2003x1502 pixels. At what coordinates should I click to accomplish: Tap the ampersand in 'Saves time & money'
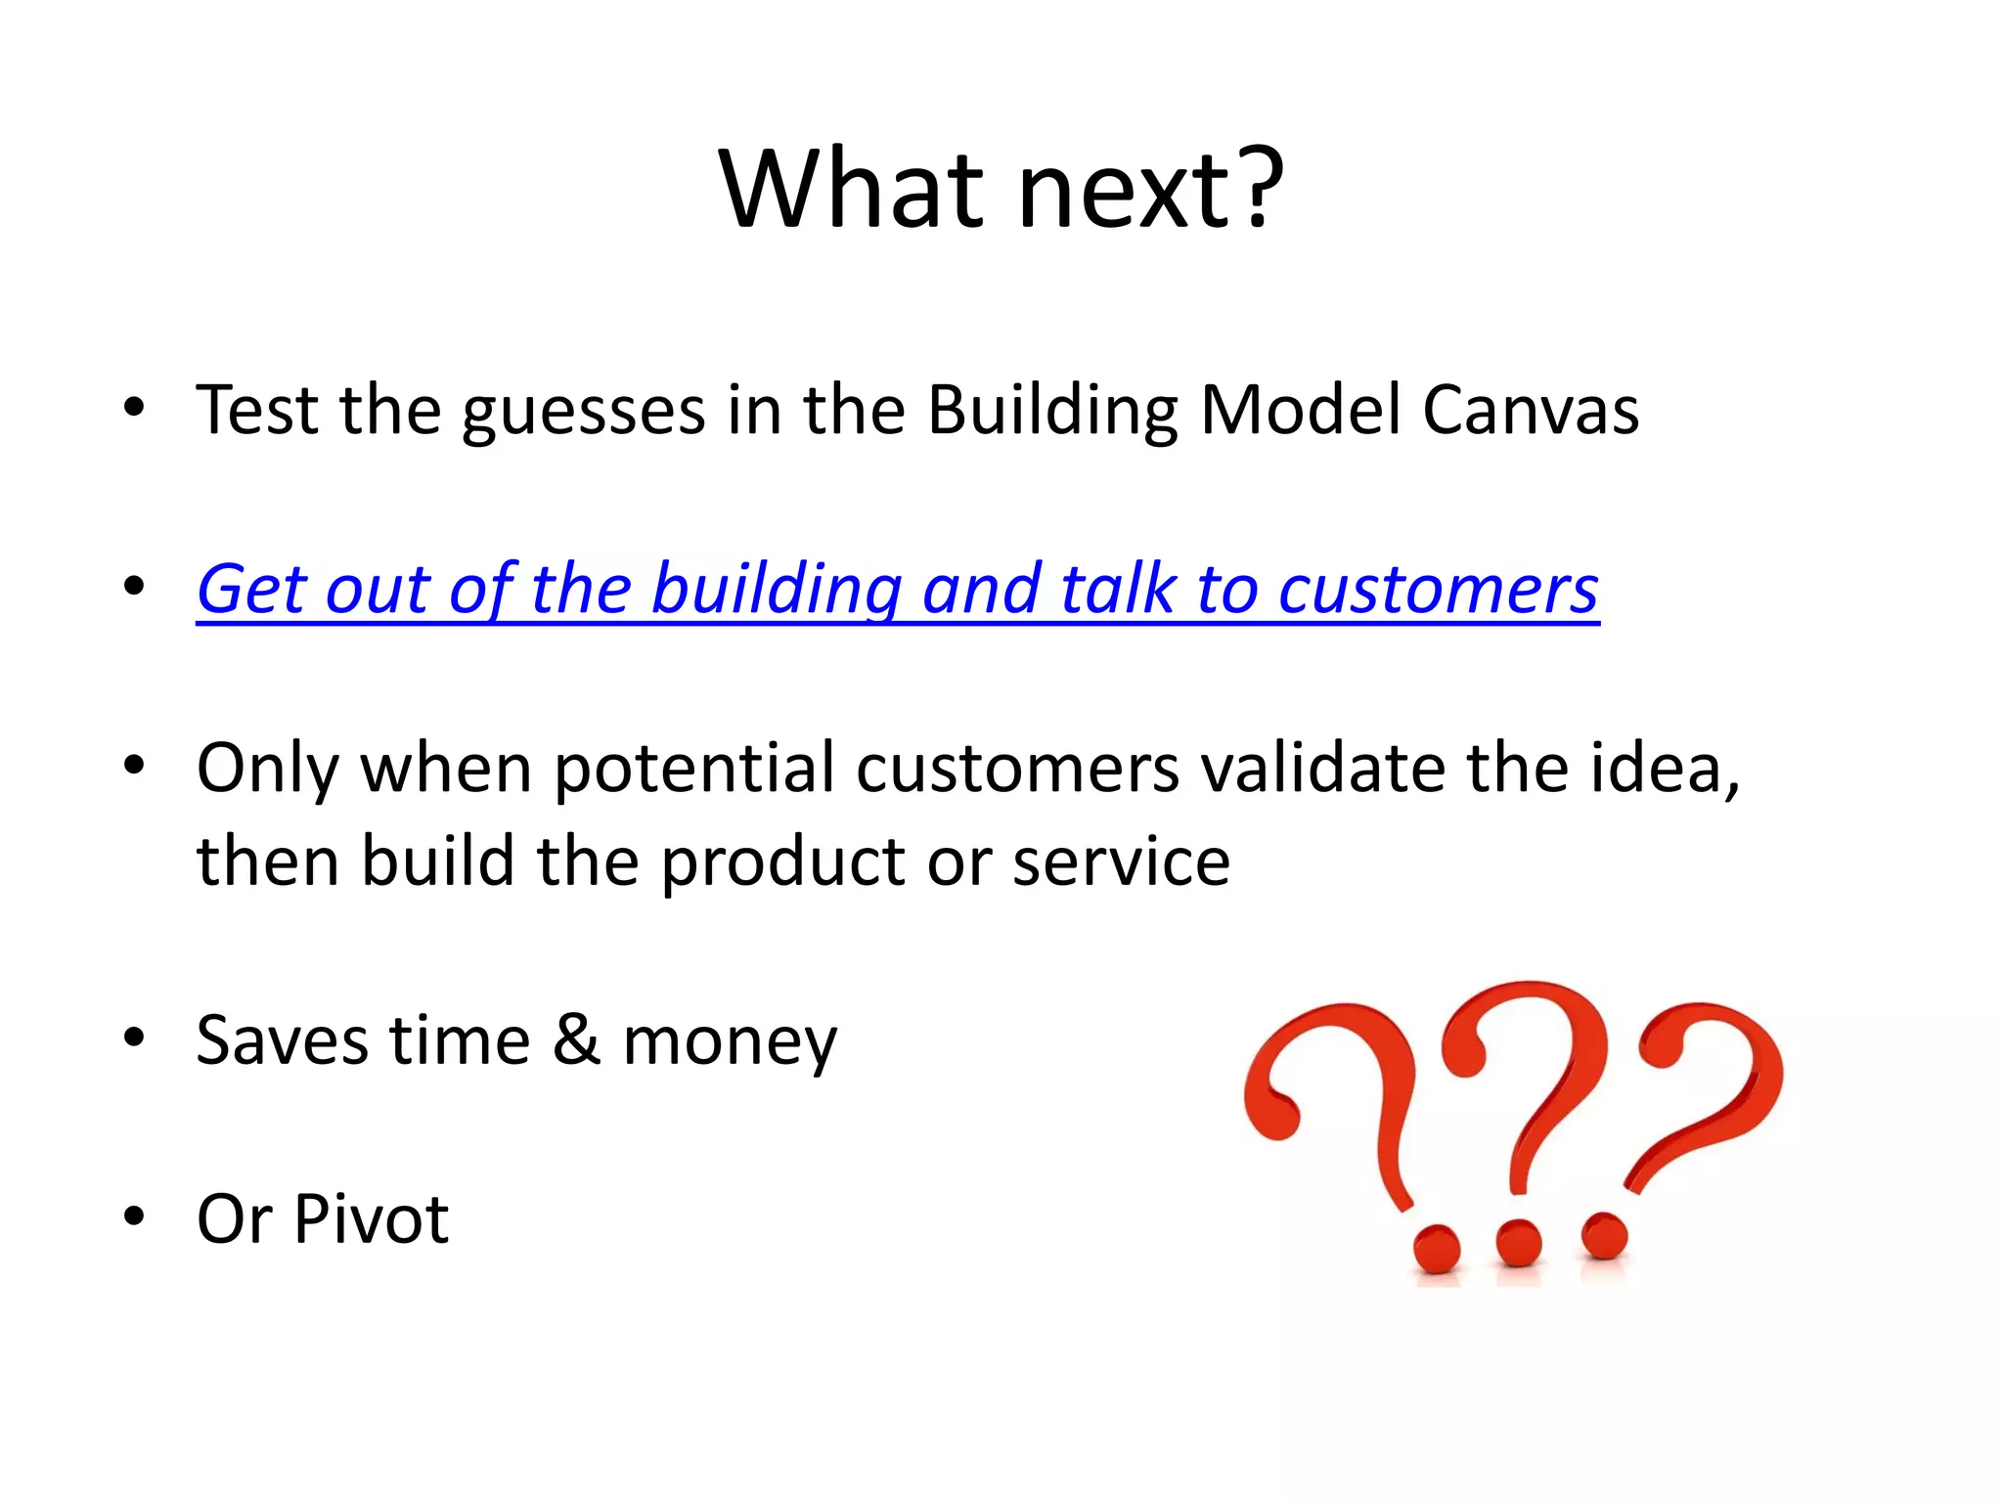pos(576,1039)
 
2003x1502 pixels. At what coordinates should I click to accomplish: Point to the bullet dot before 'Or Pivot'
pos(135,1217)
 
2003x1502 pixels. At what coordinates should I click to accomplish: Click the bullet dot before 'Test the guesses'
pos(135,407)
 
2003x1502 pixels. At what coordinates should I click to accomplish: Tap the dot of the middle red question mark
pos(1518,1243)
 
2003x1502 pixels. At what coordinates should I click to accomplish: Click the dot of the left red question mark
pos(1436,1248)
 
